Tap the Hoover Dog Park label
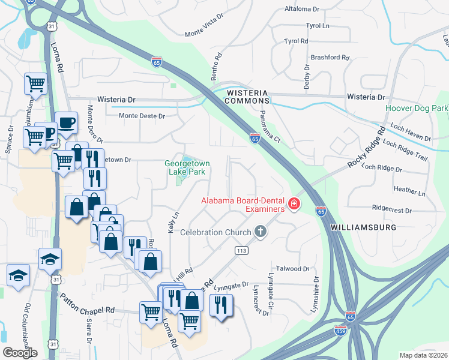click(417, 109)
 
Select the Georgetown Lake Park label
click(185, 167)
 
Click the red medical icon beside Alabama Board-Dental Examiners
click(294, 205)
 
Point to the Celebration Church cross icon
click(260, 231)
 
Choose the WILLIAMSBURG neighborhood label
click(363, 228)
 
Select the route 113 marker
click(242, 250)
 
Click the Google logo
click(20, 352)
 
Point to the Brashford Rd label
click(330, 58)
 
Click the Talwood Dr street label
click(292, 269)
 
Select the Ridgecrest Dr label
click(391, 211)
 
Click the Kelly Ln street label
click(172, 223)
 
